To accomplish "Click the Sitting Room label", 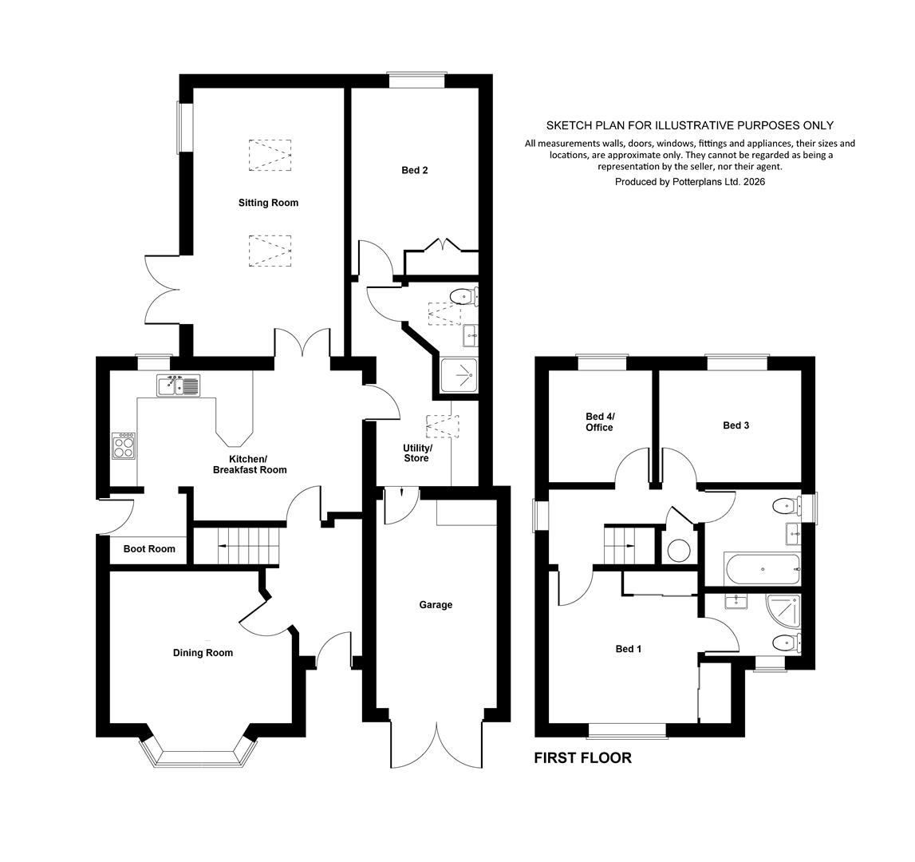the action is click(x=268, y=203).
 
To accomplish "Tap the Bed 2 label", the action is click(x=415, y=170).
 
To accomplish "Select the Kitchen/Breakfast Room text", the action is click(x=250, y=465).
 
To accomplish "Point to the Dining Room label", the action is click(x=203, y=653).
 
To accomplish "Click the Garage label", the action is click(x=436, y=604).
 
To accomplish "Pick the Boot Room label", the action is click(x=149, y=548).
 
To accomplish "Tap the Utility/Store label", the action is click(x=416, y=453).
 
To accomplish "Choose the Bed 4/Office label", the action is click(x=600, y=421).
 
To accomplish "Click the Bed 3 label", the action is click(x=736, y=425).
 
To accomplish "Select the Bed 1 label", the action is click(x=629, y=649).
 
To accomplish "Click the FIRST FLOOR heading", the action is click(x=583, y=758).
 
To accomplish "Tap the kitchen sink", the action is click(x=178, y=386).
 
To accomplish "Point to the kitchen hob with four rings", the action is click(x=124, y=446).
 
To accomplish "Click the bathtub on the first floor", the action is click(x=762, y=569).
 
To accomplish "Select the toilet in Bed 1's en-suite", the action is click(x=786, y=643).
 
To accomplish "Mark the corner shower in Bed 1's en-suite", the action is click(x=783, y=611).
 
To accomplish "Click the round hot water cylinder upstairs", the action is click(x=679, y=551).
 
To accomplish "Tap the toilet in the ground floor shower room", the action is click(x=464, y=297).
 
